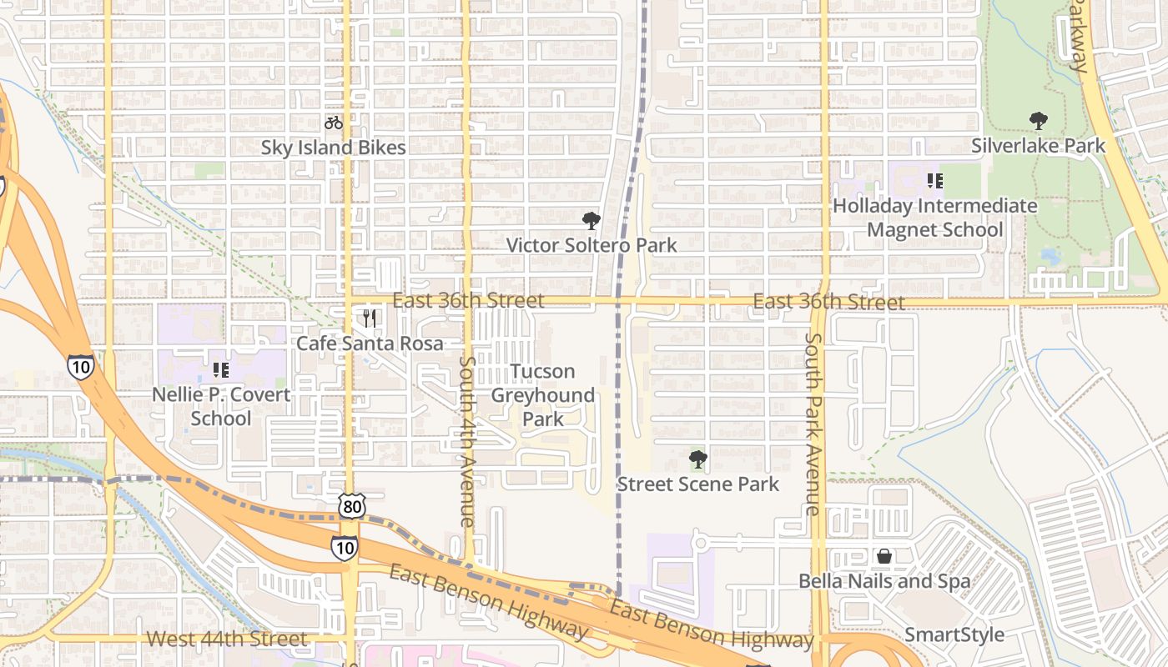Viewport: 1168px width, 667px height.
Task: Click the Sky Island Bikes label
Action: (x=333, y=148)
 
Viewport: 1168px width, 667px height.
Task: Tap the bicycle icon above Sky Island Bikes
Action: (x=334, y=123)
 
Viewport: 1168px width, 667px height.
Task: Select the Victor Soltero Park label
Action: (x=592, y=245)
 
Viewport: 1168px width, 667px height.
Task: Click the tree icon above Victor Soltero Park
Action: (x=592, y=221)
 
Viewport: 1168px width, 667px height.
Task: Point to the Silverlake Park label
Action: (x=1038, y=146)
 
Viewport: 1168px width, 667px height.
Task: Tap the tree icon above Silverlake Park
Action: (x=1038, y=121)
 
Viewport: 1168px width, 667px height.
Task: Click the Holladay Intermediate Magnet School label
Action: (x=934, y=217)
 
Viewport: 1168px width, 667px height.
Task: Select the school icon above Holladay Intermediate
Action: (x=934, y=180)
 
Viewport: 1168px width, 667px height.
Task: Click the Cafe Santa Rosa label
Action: (x=370, y=343)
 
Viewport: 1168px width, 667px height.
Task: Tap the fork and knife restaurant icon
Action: (x=370, y=318)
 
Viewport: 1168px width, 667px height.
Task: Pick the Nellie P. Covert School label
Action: (x=221, y=406)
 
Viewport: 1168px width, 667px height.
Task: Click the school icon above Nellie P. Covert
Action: (x=221, y=369)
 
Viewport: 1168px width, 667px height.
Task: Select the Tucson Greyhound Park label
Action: (x=543, y=395)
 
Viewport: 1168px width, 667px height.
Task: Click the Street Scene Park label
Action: (x=697, y=484)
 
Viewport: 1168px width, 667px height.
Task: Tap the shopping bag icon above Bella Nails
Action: (x=884, y=556)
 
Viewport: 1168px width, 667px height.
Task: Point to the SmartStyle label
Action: (x=954, y=634)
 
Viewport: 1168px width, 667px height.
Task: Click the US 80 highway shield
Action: (x=352, y=505)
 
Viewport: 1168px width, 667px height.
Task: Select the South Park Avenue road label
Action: (x=814, y=424)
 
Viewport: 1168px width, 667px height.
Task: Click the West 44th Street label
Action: (x=227, y=639)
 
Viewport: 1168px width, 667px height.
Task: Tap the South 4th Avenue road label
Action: (x=467, y=442)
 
